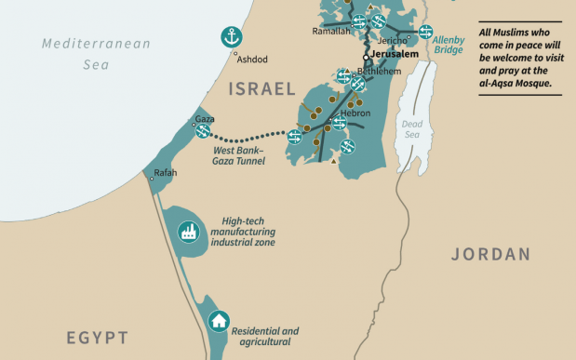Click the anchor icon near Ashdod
point(230,37)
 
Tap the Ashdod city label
point(252,59)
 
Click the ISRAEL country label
point(261,89)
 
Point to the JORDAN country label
point(490,254)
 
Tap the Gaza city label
point(204,119)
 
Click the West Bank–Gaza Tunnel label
point(240,154)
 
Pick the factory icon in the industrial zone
point(187,231)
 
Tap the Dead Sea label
point(411,129)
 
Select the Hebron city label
point(355,113)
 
